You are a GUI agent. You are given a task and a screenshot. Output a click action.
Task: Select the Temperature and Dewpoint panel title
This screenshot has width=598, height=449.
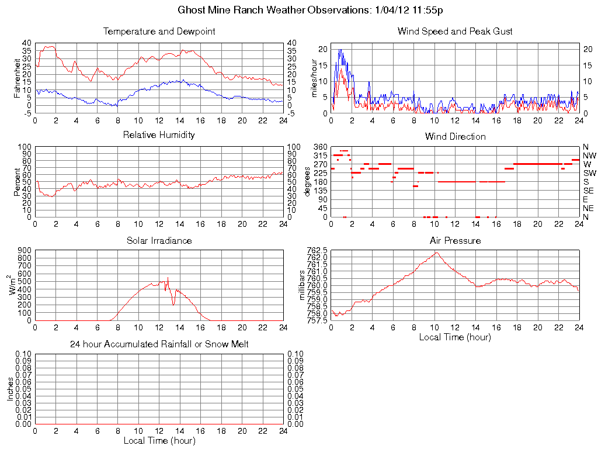(159, 31)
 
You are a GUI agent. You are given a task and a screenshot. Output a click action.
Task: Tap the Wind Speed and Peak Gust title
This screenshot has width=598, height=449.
(455, 31)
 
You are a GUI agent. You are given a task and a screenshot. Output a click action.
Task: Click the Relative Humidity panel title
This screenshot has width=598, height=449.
(159, 135)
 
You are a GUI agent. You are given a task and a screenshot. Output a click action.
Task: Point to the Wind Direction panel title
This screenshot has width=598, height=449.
(455, 136)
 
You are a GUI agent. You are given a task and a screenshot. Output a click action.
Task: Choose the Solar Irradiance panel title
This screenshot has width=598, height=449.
(159, 240)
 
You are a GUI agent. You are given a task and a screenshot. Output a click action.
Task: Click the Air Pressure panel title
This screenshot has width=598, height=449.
(455, 240)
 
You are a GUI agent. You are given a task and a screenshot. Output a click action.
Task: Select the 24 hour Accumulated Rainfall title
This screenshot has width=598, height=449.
(159, 344)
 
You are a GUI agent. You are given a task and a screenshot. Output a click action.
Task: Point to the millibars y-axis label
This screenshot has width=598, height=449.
(302, 285)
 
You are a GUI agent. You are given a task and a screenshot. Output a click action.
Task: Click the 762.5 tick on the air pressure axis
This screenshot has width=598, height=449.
(317, 250)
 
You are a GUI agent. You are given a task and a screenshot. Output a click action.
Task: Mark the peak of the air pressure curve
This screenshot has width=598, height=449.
(436, 253)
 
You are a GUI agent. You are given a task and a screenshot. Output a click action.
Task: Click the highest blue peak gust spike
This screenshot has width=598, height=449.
(339, 50)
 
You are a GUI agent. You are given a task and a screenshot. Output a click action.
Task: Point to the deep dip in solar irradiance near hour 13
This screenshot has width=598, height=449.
(173, 305)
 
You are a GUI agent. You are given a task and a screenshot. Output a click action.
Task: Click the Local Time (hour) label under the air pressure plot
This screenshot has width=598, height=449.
(455, 337)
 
